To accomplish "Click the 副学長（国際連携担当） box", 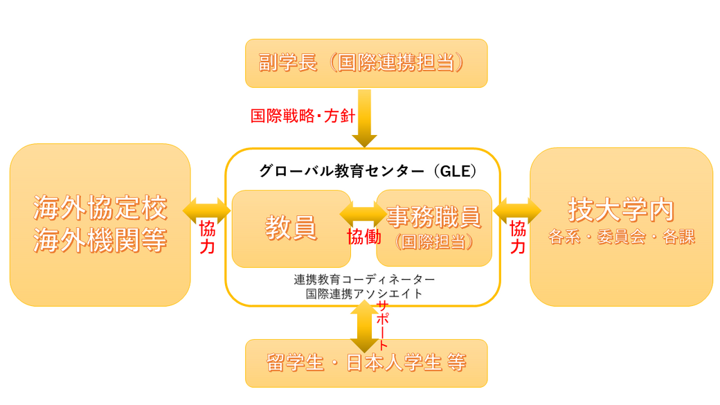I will coord(366,63).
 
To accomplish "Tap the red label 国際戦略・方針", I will coord(300,115).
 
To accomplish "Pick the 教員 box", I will coord(291,228).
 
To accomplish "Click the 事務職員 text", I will coord(433,217).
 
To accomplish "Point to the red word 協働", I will coord(364,236).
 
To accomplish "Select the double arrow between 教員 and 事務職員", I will coord(363,211).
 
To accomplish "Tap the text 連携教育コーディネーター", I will coord(364,280).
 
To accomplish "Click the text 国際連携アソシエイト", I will coord(364,294).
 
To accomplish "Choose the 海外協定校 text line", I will coord(100,208).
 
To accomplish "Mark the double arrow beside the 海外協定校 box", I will coord(206,210).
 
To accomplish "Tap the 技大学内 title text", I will coord(621,208).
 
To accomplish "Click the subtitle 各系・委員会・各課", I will coord(621,237).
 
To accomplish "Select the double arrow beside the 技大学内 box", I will coord(517,210).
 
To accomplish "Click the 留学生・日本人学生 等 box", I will coord(366,363).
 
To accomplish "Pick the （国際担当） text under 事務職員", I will coord(433,242).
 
